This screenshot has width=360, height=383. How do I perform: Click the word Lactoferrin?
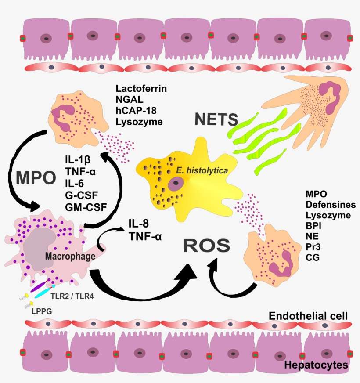tap(141, 89)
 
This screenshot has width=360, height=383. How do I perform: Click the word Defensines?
tap(328, 205)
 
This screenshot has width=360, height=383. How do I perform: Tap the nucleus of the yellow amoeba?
tap(177, 184)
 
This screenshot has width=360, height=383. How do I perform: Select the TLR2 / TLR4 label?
tap(72, 295)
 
